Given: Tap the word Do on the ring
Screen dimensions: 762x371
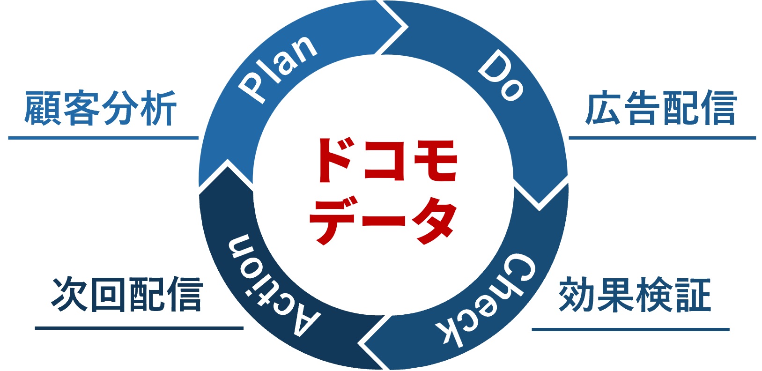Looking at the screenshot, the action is point(500,75).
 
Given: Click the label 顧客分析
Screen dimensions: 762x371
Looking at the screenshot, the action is point(100,108).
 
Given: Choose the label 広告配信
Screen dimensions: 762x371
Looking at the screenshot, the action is point(661,108).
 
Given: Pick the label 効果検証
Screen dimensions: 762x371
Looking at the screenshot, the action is point(635,295).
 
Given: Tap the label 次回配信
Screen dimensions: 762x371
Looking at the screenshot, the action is point(127,294).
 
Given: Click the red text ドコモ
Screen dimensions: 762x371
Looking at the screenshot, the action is point(387,160).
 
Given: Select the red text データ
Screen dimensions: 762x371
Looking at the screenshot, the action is point(383,220).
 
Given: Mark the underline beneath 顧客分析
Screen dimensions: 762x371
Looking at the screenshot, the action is point(103,138).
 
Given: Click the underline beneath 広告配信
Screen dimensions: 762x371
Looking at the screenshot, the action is point(662,138).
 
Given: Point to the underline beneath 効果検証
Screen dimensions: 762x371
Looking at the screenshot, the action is point(631,329).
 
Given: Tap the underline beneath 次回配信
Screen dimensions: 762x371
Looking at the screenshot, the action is point(139,328).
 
